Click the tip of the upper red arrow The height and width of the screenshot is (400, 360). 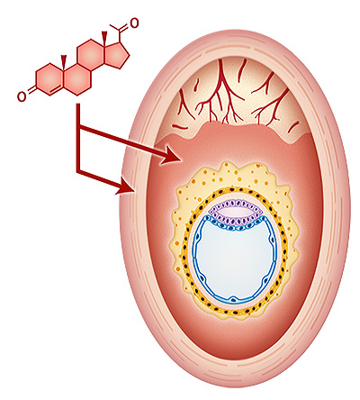[x=179, y=160]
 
